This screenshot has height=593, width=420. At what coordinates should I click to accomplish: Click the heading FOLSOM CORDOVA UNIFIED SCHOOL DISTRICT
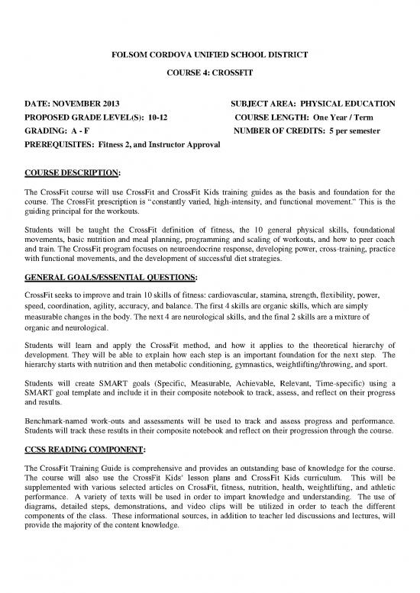pyautogui.click(x=210, y=56)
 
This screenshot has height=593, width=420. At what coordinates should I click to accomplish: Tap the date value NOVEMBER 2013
pyautogui.click(x=86, y=103)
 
